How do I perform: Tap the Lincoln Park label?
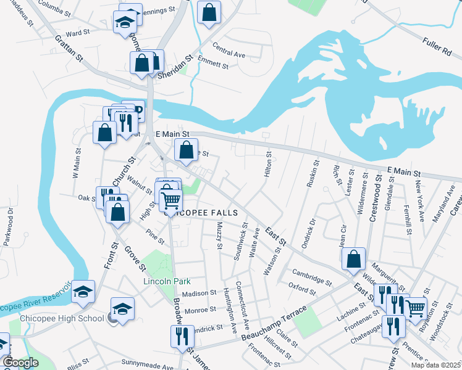coord(165,281)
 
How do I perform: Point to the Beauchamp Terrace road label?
coord(275,323)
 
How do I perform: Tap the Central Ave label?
coord(229,51)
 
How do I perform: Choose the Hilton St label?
coord(268,165)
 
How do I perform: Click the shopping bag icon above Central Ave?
coord(209,12)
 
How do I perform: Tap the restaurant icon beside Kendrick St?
coord(182,336)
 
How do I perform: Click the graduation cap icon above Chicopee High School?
coord(122,308)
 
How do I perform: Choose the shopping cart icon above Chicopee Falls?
coord(170,199)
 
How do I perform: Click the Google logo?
coord(20,363)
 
